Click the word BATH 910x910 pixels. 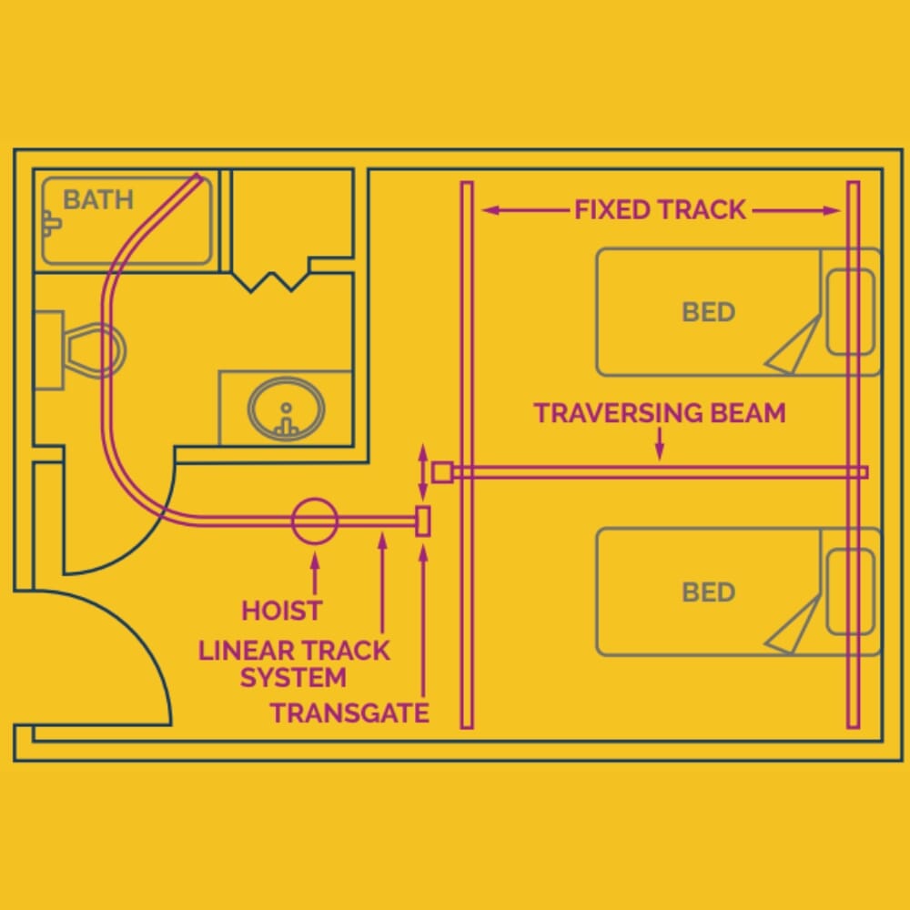98,199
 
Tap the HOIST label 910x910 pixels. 281,610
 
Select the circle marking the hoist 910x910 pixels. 315,521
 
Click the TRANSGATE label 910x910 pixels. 349,713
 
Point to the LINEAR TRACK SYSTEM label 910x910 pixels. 294,664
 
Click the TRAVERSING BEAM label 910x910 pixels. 659,413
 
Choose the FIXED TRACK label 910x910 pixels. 660,210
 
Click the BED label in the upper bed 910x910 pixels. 708,312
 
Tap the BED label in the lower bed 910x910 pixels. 708,592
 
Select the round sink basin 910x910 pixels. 287,410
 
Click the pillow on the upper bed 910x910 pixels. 850,312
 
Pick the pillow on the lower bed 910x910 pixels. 850,592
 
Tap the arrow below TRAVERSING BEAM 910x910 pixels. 660,444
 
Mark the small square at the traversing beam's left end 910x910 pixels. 441,472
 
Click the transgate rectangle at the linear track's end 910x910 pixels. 422,521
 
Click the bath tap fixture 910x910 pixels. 50,221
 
